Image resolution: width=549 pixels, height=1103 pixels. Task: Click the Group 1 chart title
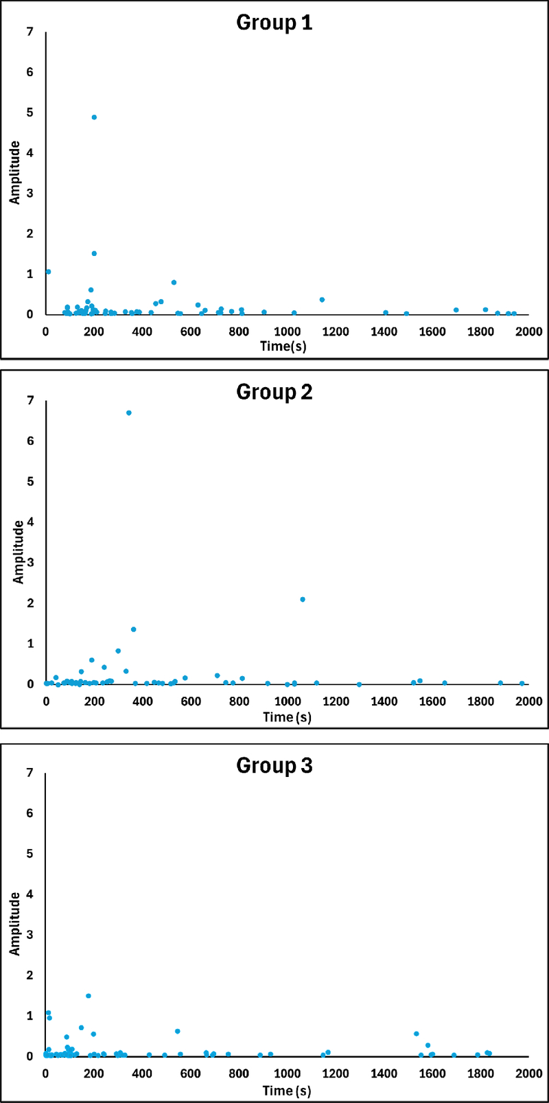pos(274,23)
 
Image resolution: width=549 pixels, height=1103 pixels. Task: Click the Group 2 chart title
pos(274,392)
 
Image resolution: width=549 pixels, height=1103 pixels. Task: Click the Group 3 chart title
pos(274,765)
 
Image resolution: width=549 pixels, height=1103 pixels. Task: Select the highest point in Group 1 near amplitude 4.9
pos(94,117)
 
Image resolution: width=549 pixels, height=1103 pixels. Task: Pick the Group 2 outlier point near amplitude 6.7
pos(128,413)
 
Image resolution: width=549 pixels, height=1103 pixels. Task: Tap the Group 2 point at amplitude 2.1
pos(303,600)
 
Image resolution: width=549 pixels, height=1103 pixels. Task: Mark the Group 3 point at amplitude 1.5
pos(89,996)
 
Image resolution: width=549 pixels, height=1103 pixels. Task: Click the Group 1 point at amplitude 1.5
pos(94,253)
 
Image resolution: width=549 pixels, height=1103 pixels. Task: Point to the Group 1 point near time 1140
pos(322,300)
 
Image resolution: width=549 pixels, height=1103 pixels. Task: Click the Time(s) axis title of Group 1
pos(283,346)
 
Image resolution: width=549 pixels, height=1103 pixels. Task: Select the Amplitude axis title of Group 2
pos(19,552)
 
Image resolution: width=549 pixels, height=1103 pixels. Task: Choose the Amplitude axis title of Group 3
pos(14,924)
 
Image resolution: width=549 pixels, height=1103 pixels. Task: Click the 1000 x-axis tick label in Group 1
pos(287,332)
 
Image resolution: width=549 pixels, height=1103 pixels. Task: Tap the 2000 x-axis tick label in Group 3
pos(529,1073)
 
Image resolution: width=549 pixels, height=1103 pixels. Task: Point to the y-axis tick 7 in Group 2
pos(30,401)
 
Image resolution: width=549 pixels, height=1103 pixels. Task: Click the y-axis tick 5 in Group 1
pos(30,113)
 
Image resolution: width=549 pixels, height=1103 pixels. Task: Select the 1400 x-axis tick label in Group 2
pos(384,701)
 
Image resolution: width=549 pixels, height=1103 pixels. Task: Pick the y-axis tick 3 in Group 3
pos(30,935)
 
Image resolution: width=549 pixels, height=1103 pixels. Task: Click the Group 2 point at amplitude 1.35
pos(134,629)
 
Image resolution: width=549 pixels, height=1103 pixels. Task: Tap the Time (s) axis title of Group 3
pos(287,1091)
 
